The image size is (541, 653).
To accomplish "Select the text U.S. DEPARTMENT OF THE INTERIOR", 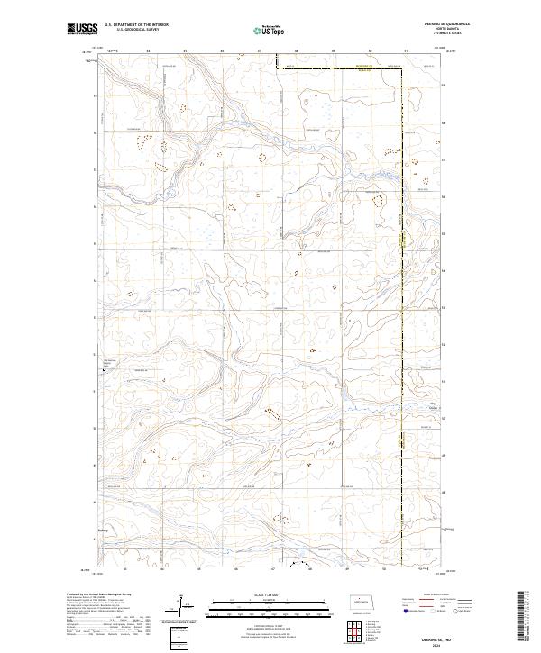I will [x=136, y=26].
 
